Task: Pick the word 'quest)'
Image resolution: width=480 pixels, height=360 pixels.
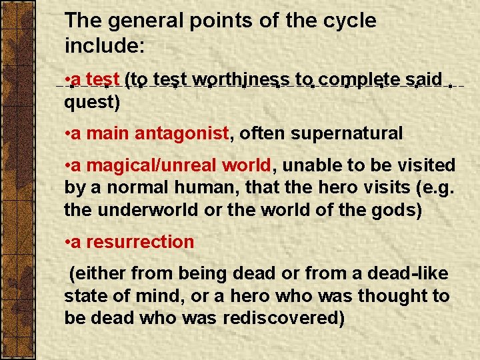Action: click(x=92, y=103)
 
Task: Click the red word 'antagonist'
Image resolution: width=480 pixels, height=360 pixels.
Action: click(x=182, y=133)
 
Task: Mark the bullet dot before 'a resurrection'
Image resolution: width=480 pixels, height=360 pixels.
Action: click(x=68, y=242)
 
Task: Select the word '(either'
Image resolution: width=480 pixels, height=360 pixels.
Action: click(x=98, y=273)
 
